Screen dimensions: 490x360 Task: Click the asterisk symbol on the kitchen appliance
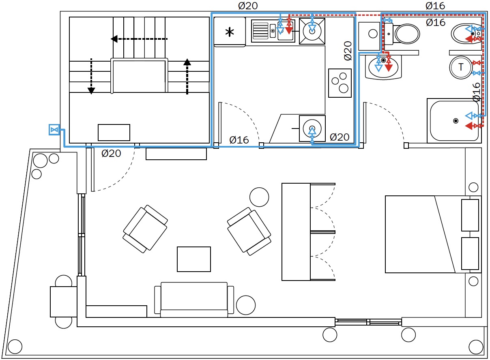[x=230, y=32]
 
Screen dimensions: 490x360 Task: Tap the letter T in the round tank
[x=461, y=67]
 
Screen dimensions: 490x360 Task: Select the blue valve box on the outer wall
[x=54, y=130]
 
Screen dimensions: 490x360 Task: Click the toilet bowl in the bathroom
[x=407, y=34]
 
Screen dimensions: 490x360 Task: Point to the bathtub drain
[x=456, y=121]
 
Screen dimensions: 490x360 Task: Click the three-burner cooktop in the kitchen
[x=340, y=83]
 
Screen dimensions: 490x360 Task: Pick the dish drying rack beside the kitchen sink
[x=260, y=30]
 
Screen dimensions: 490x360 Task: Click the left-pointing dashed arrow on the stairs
[x=139, y=39]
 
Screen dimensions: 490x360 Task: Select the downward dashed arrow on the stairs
[x=91, y=76]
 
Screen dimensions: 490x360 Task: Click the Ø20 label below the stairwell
[x=111, y=153]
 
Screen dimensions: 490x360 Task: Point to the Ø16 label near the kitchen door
[x=239, y=140]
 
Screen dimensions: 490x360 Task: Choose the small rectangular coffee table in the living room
[x=194, y=259]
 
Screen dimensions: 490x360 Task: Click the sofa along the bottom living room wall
[x=194, y=300]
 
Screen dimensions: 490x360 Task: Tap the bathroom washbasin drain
[x=383, y=60]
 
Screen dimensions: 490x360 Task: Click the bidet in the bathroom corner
[x=466, y=34]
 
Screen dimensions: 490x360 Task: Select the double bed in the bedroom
[x=433, y=234]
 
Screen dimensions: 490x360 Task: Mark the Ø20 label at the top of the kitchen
[x=248, y=6]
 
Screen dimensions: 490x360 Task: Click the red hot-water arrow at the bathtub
[x=469, y=126]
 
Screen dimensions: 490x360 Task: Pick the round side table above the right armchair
[x=259, y=197]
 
